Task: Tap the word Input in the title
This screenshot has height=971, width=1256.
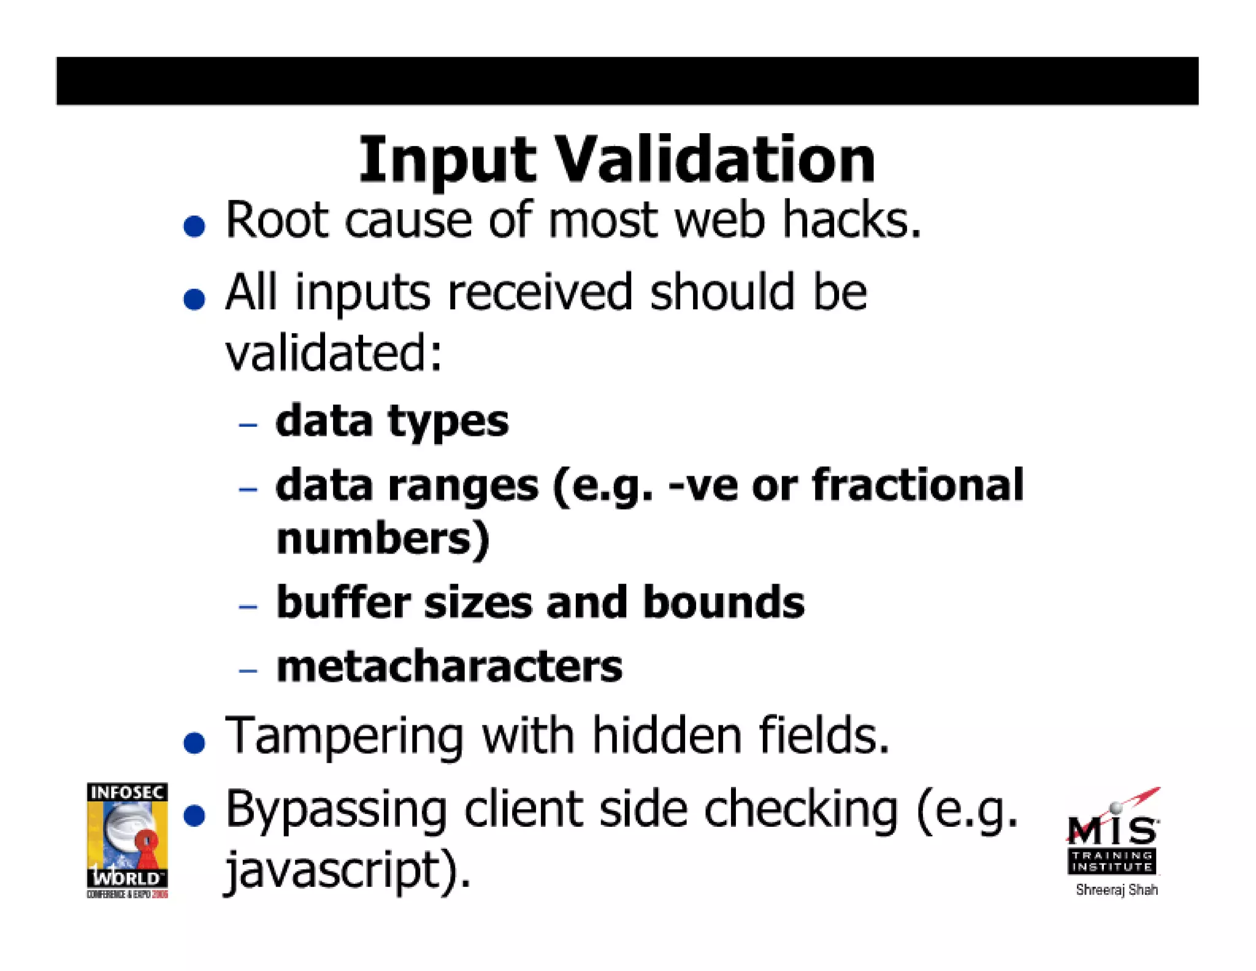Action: pos(447,161)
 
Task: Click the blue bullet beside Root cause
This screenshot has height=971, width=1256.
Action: pos(194,226)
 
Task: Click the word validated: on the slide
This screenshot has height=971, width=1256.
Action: pos(334,353)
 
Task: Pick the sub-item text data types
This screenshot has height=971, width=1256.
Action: pos(392,422)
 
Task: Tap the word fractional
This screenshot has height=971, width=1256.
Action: pos(917,485)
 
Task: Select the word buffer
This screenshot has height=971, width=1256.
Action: pos(343,602)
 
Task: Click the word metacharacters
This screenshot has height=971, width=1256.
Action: pos(449,667)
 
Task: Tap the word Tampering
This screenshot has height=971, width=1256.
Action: pos(344,737)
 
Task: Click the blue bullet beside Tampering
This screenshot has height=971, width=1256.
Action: pos(194,743)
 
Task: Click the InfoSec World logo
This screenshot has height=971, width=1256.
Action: pos(127,840)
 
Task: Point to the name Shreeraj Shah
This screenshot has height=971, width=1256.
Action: pos(1116,889)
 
